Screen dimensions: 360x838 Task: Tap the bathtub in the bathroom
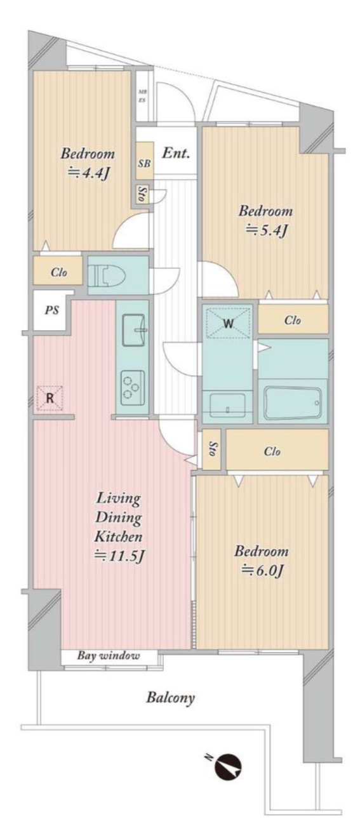click(x=292, y=402)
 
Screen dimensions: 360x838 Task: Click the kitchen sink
click(x=133, y=329)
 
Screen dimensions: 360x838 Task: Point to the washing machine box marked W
click(x=228, y=323)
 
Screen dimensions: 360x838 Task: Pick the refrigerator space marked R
click(x=50, y=398)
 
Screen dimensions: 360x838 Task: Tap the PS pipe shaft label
click(x=52, y=310)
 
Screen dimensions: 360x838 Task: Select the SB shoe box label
click(x=145, y=164)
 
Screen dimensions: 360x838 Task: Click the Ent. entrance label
click(x=175, y=153)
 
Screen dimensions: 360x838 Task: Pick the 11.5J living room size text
click(x=119, y=556)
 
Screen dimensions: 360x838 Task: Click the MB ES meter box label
click(x=142, y=96)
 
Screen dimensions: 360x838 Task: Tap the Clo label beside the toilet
click(x=59, y=272)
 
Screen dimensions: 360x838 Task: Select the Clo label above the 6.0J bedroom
click(x=272, y=451)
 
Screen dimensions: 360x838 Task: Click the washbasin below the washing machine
click(x=227, y=405)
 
